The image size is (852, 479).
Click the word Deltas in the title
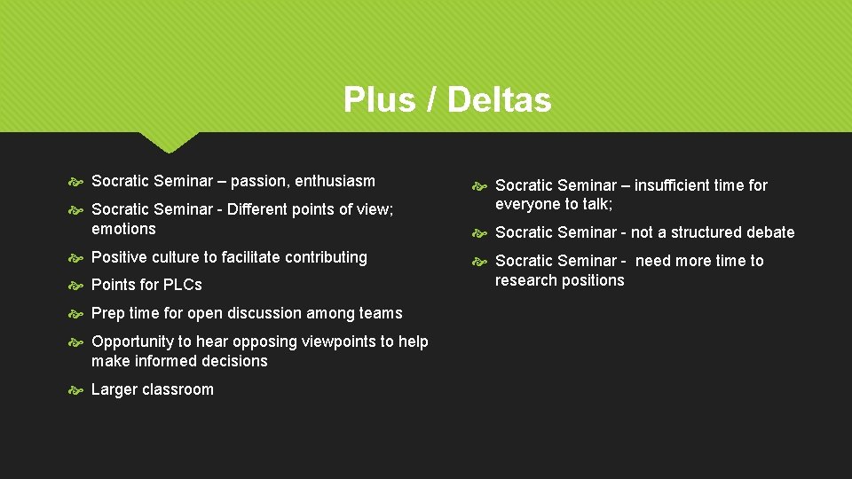tap(500, 99)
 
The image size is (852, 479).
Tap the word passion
tap(260, 181)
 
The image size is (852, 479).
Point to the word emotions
tap(123, 229)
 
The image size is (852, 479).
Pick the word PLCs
tap(182, 285)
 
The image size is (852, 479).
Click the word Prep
tap(108, 313)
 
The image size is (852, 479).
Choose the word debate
tap(769, 232)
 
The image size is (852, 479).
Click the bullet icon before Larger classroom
tap(76, 389)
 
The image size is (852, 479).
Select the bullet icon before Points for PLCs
tap(76, 285)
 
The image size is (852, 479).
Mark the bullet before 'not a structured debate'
tap(480, 232)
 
